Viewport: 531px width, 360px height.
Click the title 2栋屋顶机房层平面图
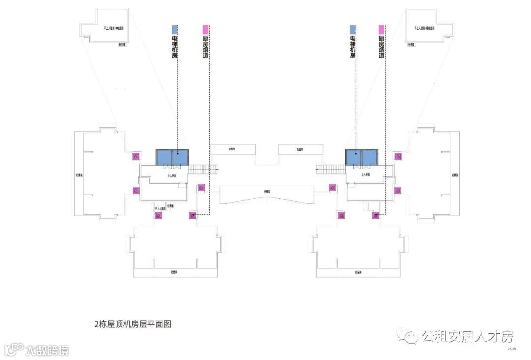(x=132, y=324)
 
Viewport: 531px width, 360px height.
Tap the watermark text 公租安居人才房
(x=467, y=337)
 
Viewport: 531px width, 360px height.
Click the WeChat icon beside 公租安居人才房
(x=408, y=337)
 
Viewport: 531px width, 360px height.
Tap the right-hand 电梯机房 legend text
(x=353, y=47)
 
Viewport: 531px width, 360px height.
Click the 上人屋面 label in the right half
(x=366, y=175)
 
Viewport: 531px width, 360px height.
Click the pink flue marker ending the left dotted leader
(x=193, y=215)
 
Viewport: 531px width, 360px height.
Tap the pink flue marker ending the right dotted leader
(x=376, y=215)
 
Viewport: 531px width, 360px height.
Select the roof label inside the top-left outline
(x=114, y=29)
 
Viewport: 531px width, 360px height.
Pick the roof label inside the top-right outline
(x=425, y=29)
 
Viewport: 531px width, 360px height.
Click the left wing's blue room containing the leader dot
(x=179, y=157)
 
